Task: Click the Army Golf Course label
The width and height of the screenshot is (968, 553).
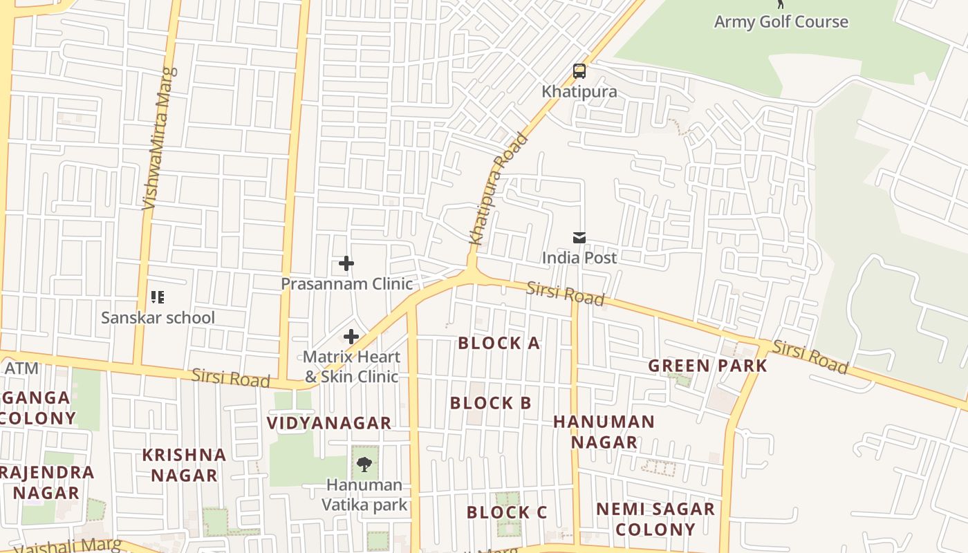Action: coord(781,21)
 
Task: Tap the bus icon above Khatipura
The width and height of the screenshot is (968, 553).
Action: coord(579,71)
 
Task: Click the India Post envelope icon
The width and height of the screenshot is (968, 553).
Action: coord(579,238)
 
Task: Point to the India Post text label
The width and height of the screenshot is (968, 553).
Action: coord(579,258)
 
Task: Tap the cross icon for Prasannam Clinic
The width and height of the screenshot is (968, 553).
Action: coord(346,263)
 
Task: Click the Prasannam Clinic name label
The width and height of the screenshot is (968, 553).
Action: coord(346,283)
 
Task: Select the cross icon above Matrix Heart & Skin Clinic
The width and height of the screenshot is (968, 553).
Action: coord(351,337)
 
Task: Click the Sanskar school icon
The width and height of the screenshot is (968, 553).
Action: coord(158,298)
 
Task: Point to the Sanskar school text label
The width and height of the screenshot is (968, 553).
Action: coord(158,318)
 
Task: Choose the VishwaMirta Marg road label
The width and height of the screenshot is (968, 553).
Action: coord(159,138)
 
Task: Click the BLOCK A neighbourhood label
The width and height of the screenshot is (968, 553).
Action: coord(499,343)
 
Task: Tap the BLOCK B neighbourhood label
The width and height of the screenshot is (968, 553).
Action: coord(490,403)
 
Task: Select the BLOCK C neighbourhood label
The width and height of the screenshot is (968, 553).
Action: coord(506,512)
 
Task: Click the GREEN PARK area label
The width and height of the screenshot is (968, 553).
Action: coord(707,366)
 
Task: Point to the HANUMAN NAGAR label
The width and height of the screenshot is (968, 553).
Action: coord(604,431)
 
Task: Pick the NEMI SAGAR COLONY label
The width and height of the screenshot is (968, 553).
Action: coord(655,519)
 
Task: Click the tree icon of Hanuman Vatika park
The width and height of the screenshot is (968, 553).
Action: coord(364,464)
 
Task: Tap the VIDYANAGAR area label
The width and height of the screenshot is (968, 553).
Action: coord(329,422)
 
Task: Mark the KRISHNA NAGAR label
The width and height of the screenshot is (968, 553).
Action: coord(184,465)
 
